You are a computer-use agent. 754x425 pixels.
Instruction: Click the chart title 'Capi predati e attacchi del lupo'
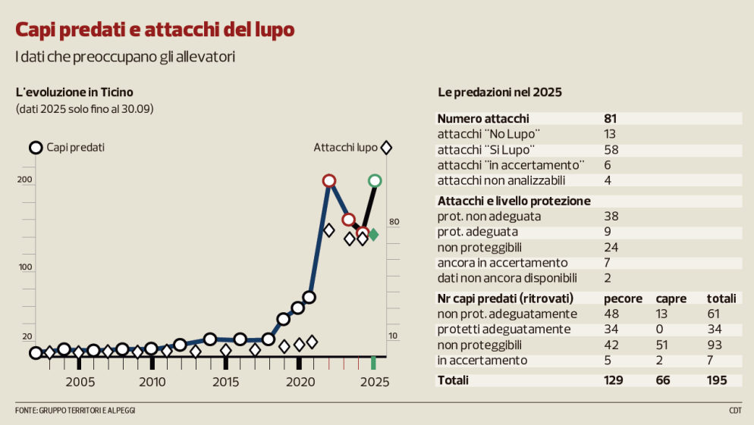click(156, 30)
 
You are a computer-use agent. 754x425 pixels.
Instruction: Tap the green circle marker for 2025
click(375, 180)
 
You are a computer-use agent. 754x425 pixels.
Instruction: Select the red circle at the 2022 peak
click(329, 180)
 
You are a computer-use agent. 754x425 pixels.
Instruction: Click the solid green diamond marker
click(373, 234)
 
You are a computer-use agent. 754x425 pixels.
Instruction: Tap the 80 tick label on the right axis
click(394, 222)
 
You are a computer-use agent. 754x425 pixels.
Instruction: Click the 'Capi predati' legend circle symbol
click(36, 148)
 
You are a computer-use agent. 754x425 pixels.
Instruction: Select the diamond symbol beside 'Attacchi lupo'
click(386, 148)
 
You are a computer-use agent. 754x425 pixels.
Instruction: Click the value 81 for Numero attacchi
click(611, 119)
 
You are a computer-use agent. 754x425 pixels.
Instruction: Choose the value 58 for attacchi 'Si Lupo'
click(611, 149)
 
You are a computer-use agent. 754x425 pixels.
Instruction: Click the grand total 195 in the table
click(717, 380)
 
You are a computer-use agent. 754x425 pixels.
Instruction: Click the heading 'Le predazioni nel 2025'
click(500, 92)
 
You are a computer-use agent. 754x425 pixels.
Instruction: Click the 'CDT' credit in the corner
click(735, 410)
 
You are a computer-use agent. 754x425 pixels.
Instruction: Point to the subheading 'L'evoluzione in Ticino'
click(74, 92)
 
